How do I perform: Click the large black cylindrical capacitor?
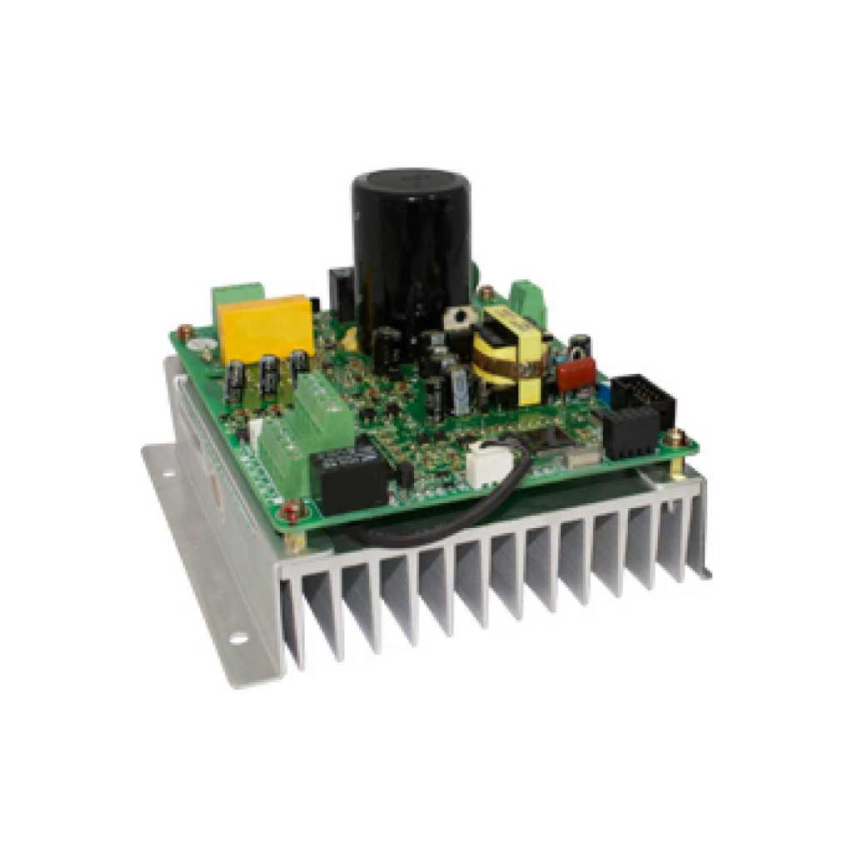coord(411,250)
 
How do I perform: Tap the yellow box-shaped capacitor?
coord(265,327)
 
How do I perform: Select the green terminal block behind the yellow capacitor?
coord(237,297)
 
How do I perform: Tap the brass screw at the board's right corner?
coord(677,437)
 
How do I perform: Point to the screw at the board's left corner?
coord(184,332)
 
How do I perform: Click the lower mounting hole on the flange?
coord(238,639)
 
